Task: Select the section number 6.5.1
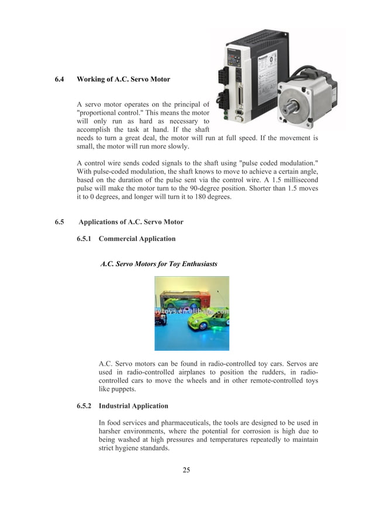click(x=85, y=239)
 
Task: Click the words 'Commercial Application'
click(x=137, y=239)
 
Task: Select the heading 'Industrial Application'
click(x=133, y=406)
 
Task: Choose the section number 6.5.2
click(x=85, y=406)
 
